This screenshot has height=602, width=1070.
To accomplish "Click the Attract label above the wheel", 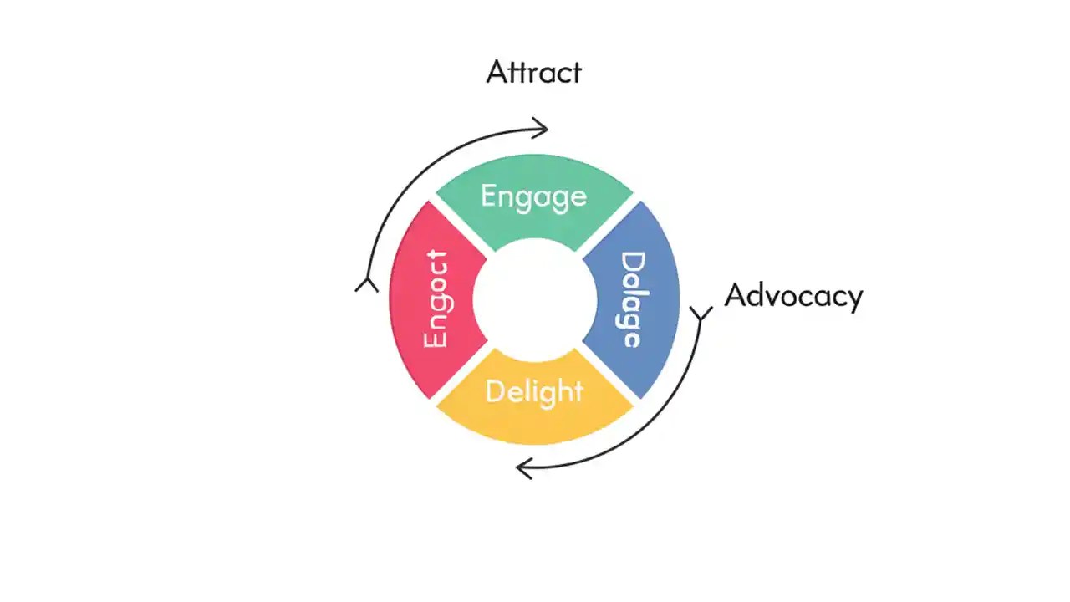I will (533, 72).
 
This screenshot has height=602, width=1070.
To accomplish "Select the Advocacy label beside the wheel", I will (792, 296).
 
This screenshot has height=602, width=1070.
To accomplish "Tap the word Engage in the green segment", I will (533, 196).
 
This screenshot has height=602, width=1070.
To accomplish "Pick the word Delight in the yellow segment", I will (533, 391).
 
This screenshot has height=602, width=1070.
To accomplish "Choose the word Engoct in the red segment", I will (436, 299).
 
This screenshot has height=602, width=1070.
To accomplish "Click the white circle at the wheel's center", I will (534, 299).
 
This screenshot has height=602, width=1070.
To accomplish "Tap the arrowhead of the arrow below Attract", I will (543, 128).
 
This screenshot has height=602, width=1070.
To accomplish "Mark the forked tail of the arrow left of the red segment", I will (366, 284).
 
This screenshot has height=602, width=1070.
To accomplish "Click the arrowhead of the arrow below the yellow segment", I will (523, 468).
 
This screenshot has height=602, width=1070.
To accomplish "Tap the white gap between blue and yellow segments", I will (608, 373).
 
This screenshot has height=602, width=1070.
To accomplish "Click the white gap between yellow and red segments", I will (461, 373).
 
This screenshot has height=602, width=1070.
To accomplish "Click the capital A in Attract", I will (497, 72).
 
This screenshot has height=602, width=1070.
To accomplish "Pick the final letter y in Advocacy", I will (854, 299).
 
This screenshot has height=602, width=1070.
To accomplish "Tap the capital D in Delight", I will (494, 391).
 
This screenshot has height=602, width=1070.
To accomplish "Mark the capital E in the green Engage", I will (489, 196).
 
